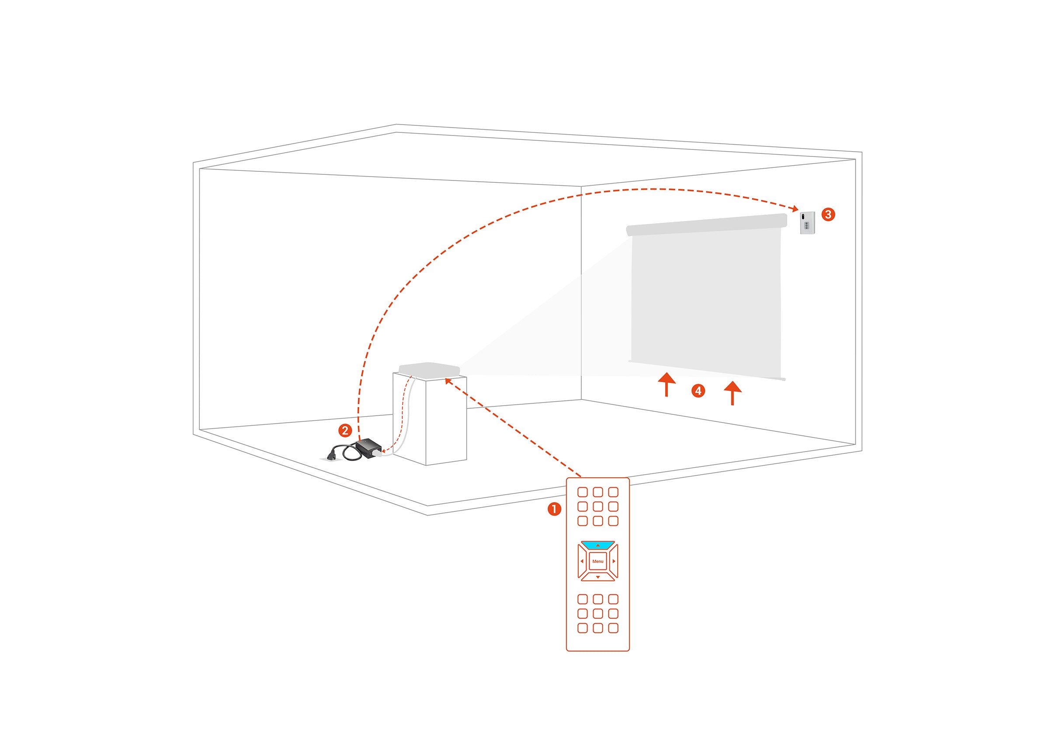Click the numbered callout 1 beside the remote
pyautogui.click(x=555, y=509)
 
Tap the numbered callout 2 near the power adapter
pyautogui.click(x=345, y=430)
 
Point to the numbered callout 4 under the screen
pyautogui.click(x=698, y=391)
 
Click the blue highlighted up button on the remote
pyautogui.click(x=598, y=545)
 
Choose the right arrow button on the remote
pyautogui.click(x=614, y=561)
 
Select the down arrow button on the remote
pyautogui.click(x=598, y=577)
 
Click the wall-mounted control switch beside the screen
pyautogui.click(x=807, y=223)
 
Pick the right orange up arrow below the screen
pyautogui.click(x=733, y=392)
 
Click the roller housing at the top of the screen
pyautogui.click(x=706, y=225)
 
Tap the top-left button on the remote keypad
pyautogui.click(x=582, y=492)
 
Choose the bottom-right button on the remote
pyautogui.click(x=614, y=628)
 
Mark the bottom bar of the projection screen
pyautogui.click(x=707, y=370)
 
